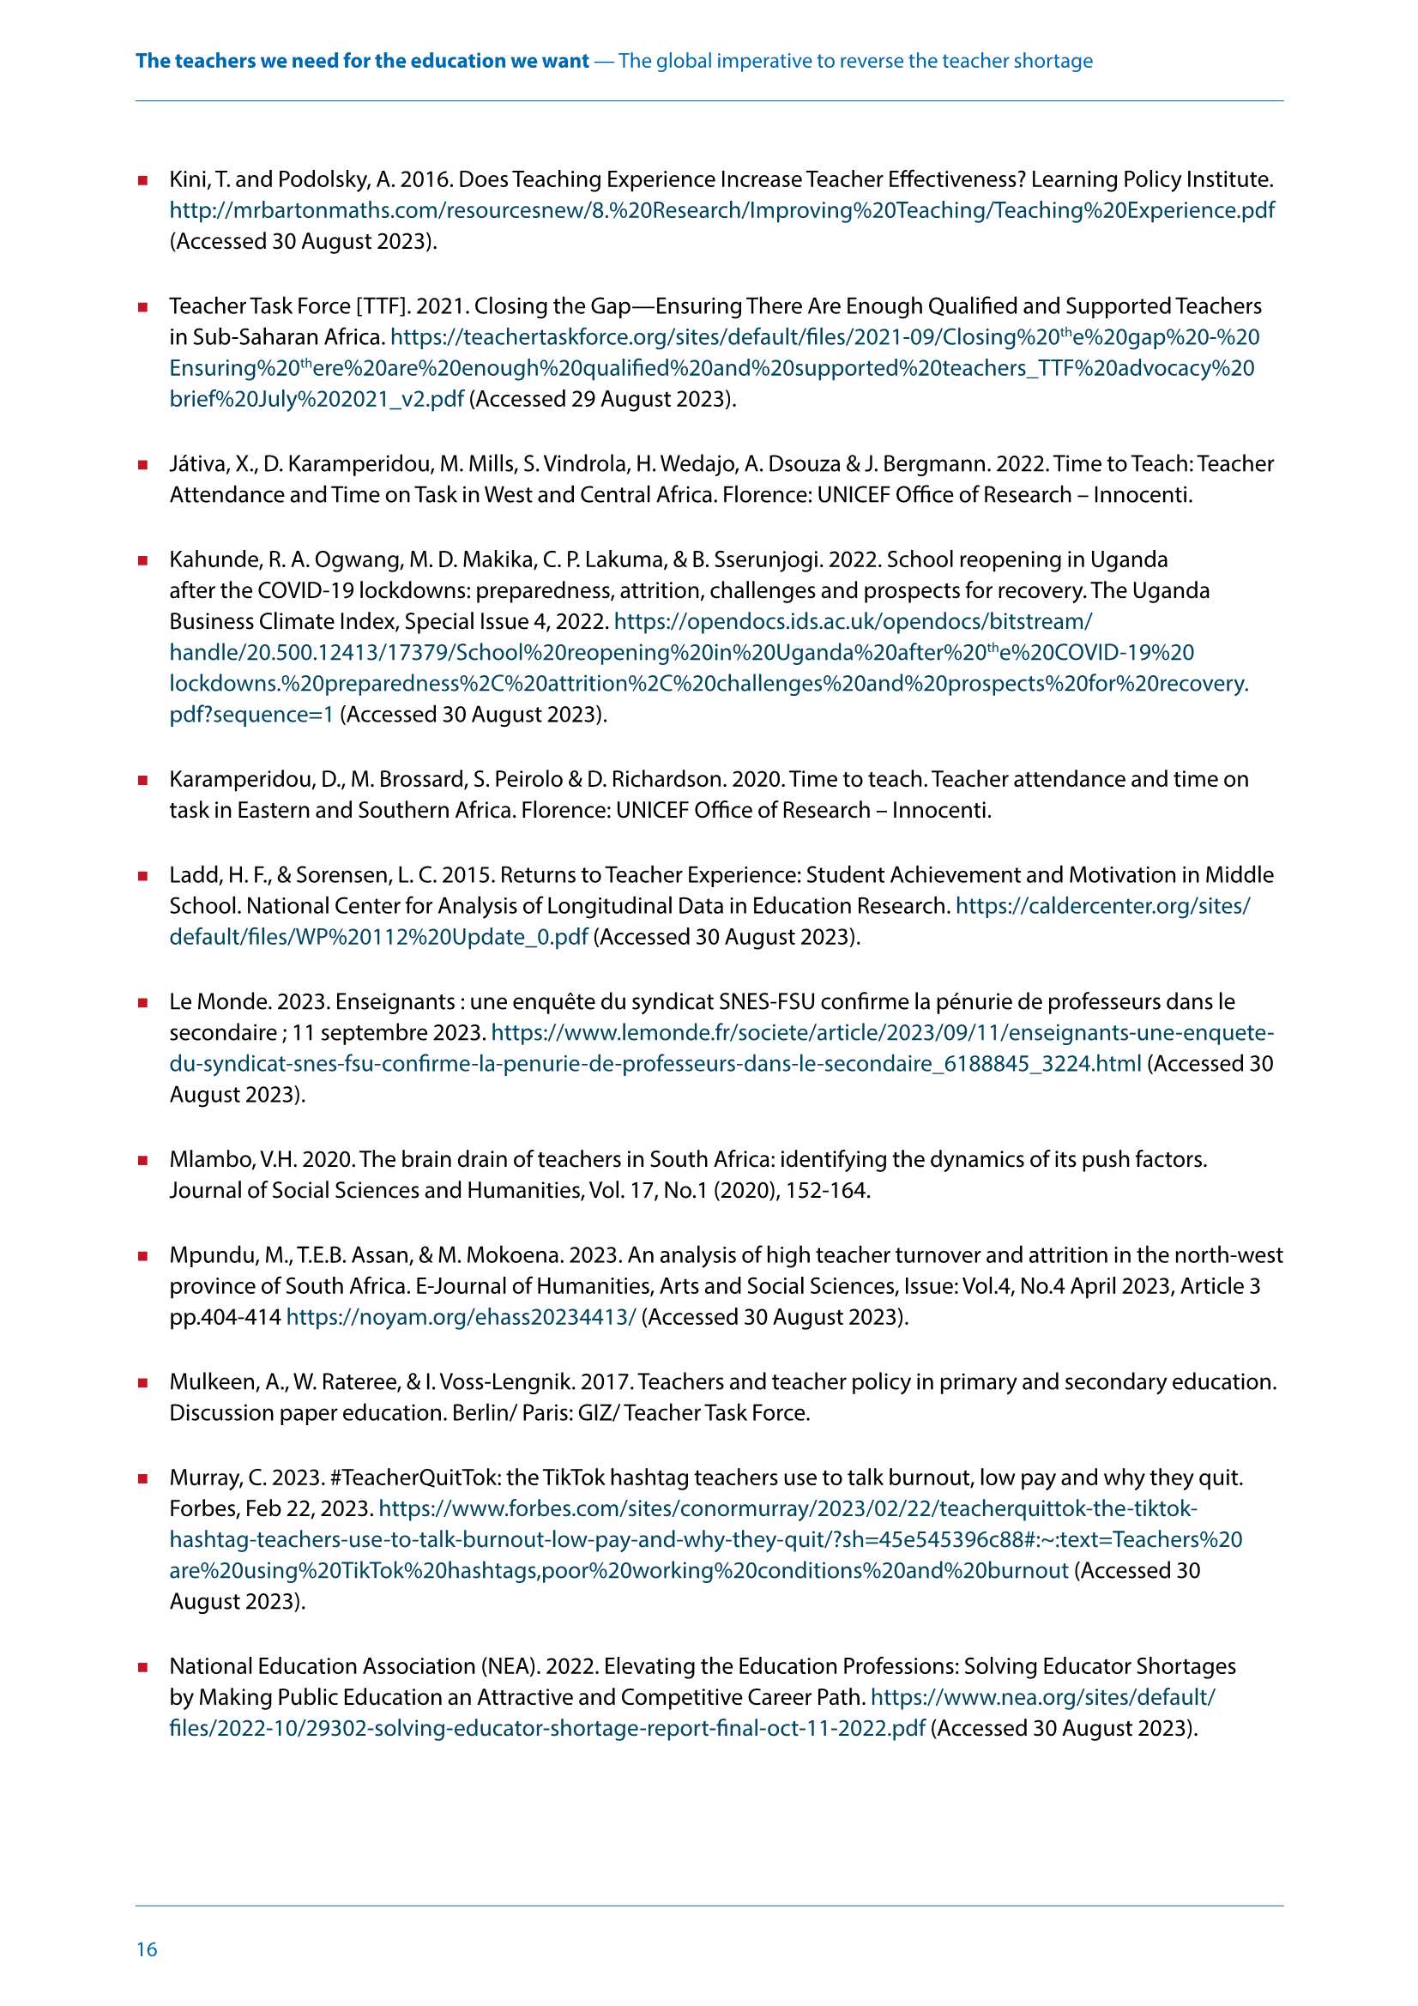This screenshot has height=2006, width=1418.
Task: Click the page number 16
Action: pos(147,1949)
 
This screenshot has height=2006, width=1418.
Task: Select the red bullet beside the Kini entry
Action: pos(142,181)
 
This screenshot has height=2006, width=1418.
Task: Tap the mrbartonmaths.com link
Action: pos(721,210)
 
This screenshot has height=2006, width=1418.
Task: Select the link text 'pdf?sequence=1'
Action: pos(251,715)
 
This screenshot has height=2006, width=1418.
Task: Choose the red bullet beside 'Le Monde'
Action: pos(142,1003)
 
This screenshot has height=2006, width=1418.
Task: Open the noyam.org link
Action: pos(461,1318)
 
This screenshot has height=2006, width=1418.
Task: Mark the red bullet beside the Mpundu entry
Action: pos(142,1256)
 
